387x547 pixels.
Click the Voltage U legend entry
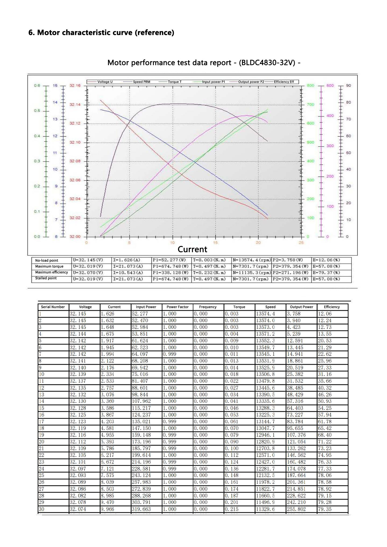(x=105, y=82)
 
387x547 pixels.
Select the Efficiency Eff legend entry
(x=284, y=82)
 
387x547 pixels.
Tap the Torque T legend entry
(x=175, y=82)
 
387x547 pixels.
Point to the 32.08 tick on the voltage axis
(x=75, y=161)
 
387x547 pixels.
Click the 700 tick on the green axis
(x=310, y=105)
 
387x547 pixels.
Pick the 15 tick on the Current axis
(x=215, y=243)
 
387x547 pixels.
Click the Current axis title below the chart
(x=192, y=249)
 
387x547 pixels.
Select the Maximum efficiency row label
(x=51, y=272)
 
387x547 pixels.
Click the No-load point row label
(x=47, y=260)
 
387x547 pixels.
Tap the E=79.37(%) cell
(x=326, y=273)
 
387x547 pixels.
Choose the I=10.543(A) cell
(x=128, y=273)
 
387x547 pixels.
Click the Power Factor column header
(x=177, y=307)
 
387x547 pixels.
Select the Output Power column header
(x=301, y=307)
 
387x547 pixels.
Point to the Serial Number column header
(x=53, y=307)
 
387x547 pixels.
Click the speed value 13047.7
(x=265, y=428)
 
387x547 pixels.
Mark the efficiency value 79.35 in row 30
(x=325, y=509)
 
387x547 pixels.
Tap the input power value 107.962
(x=141, y=401)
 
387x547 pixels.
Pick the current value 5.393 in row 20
(x=107, y=442)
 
